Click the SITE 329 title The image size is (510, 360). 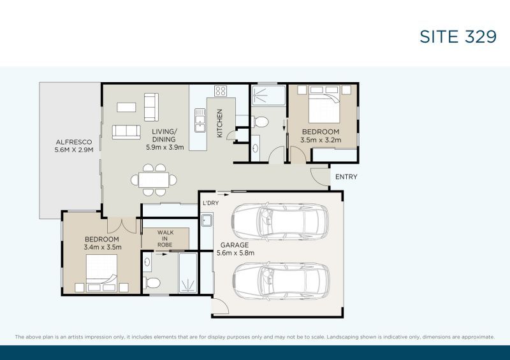point(458,36)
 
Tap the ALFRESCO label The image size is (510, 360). point(74,142)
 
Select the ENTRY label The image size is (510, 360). point(346,176)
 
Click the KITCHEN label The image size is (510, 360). point(220,123)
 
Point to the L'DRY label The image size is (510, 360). point(211,203)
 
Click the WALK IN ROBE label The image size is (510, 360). point(165,238)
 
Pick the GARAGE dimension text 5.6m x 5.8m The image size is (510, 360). point(235,253)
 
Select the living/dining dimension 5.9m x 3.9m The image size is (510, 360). point(165,147)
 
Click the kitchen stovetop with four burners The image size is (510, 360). point(221,90)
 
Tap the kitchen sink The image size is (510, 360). point(200,120)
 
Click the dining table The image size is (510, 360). point(154,180)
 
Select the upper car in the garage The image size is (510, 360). point(280,222)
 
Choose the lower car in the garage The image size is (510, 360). point(281,281)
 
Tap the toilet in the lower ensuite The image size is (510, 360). point(152,283)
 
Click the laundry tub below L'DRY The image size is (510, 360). point(207,220)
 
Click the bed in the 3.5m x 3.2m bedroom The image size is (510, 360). point(324,104)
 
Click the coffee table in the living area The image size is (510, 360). point(126,107)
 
